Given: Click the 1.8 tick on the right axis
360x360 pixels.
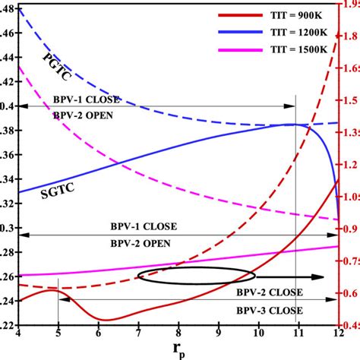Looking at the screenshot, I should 349,35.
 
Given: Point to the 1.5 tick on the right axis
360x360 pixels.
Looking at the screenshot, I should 349,99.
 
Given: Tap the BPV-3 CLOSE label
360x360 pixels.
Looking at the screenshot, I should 270,311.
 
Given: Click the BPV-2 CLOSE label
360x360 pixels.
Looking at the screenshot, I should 270,292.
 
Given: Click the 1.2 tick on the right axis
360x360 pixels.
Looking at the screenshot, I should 349,164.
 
